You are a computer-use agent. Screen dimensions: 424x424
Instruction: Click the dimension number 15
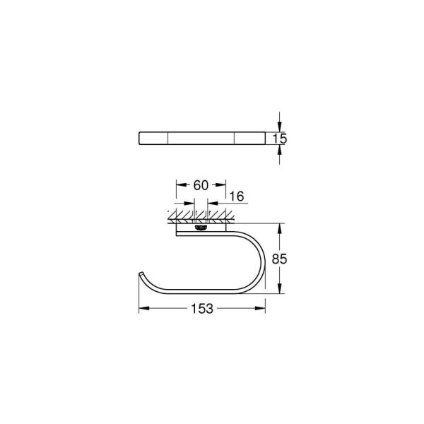(x=281, y=139)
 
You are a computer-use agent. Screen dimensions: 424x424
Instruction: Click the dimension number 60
(x=200, y=185)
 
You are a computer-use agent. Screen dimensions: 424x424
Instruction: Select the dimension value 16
(x=236, y=196)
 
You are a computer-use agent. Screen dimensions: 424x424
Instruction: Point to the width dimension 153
(x=201, y=309)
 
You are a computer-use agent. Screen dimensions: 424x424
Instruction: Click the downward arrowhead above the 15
(x=281, y=126)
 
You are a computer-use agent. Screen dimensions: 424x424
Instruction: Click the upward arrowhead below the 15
(x=281, y=150)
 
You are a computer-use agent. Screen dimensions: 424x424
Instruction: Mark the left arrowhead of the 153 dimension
(x=141, y=309)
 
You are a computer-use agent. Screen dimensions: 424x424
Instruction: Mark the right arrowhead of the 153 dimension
(x=261, y=309)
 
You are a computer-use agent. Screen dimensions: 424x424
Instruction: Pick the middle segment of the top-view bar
(x=201, y=138)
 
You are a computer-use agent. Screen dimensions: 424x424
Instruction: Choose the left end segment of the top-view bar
(x=152, y=138)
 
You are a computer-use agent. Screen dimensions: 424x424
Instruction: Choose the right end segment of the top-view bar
(x=248, y=138)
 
